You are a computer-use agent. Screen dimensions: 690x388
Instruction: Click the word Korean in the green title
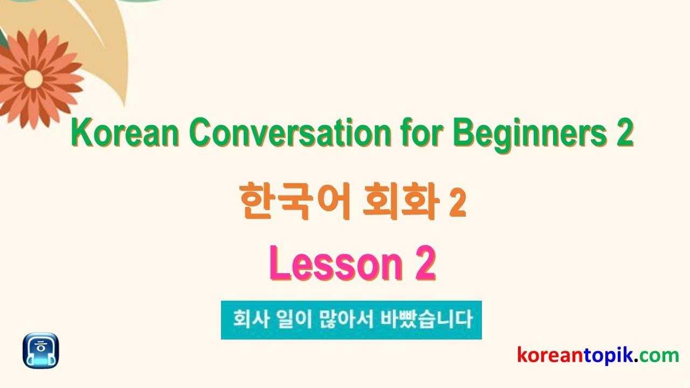(x=125, y=133)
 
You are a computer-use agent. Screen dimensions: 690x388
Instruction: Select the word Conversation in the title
(x=290, y=133)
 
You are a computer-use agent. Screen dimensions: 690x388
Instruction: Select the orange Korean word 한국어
(x=295, y=201)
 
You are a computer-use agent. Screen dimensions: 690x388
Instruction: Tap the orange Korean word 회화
(x=401, y=201)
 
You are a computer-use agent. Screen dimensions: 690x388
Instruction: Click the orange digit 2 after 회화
(x=458, y=203)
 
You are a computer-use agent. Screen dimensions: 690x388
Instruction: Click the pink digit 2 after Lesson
(x=425, y=263)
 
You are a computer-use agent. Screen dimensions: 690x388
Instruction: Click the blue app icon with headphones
(x=40, y=350)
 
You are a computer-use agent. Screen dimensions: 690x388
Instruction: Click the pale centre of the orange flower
(x=33, y=79)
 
